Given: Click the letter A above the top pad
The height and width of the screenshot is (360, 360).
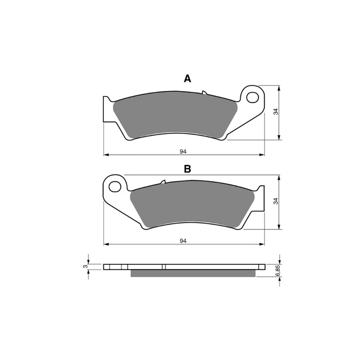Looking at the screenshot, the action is pos(187,79).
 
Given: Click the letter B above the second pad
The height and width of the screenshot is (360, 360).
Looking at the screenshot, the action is pos(187,169).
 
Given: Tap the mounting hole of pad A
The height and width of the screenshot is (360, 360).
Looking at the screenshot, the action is pos(252,97).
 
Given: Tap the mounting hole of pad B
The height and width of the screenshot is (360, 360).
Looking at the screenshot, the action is pos(115,186).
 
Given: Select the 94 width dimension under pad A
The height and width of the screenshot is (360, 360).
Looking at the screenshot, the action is pos(183,152).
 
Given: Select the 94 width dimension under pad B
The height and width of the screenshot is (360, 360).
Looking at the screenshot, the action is pos(183,241).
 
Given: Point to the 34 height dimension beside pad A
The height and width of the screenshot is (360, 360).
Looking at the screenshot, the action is pos(276,112).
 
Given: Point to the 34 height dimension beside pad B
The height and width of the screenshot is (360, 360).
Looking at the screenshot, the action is pos(276,201).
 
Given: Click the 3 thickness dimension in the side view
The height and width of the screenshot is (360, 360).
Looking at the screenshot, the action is pos(85,266).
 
